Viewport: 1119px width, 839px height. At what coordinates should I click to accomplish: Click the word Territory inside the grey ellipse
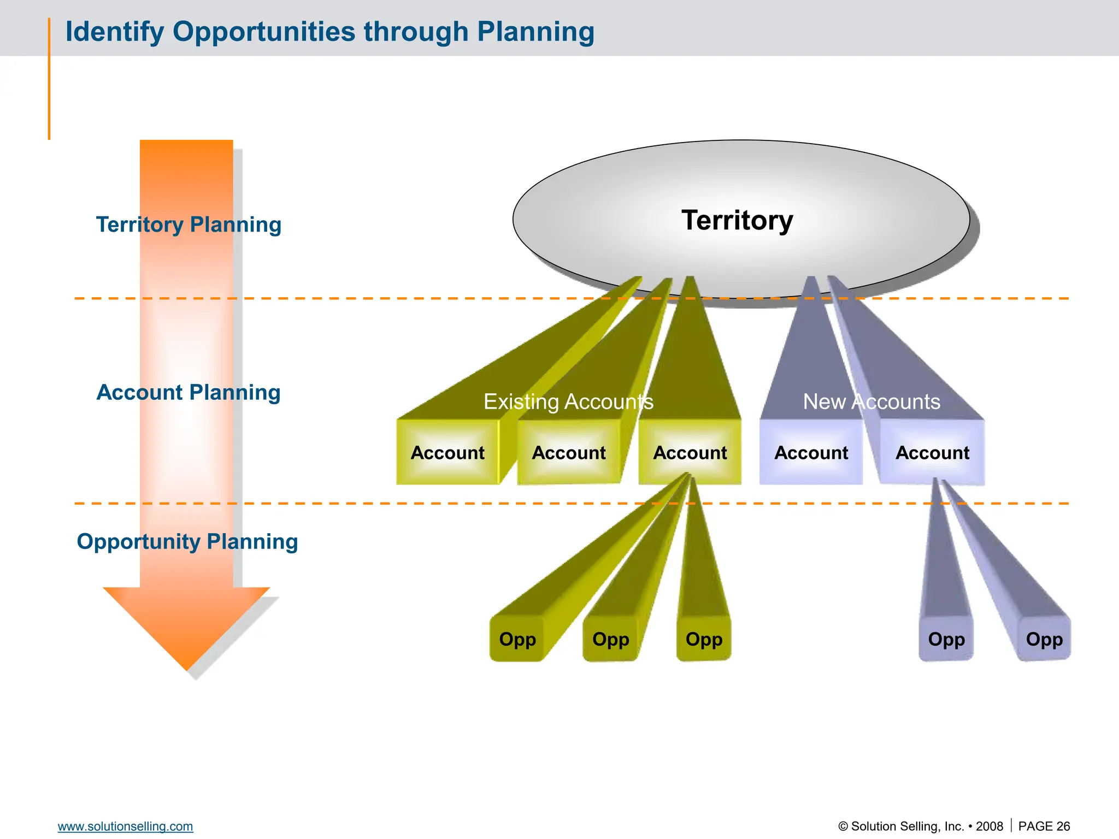737,220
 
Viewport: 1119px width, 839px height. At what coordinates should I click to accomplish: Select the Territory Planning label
189,224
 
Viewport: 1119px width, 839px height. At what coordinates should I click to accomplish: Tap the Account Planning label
189,392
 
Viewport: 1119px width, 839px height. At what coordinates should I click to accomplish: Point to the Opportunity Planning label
187,541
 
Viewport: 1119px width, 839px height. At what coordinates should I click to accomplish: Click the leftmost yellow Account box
447,452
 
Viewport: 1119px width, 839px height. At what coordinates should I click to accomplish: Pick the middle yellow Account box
569,452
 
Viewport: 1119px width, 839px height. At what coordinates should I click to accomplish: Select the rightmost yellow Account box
690,452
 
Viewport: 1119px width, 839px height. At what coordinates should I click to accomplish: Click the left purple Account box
811,452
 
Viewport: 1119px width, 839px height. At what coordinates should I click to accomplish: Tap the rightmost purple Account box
932,452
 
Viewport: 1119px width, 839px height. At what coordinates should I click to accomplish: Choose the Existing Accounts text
568,401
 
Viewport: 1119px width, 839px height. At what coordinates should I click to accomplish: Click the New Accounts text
871,401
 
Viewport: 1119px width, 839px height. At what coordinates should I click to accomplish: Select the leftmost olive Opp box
517,639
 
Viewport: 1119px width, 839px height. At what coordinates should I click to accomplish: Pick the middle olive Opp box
611,639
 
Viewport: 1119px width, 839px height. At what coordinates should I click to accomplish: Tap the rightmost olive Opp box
704,639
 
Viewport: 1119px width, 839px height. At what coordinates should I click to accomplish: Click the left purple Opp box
946,639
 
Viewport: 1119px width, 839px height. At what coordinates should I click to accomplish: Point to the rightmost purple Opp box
1044,639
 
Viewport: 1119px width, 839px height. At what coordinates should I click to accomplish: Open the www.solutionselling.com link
126,826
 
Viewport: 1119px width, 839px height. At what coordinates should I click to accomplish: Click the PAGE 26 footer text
1044,826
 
